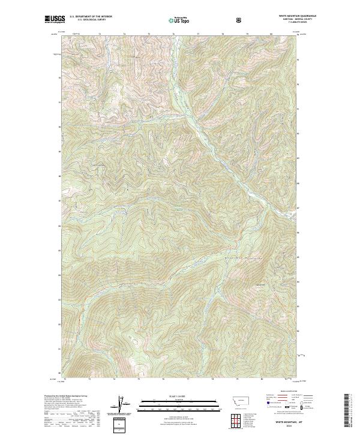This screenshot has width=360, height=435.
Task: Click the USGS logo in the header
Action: (x=54, y=20)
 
